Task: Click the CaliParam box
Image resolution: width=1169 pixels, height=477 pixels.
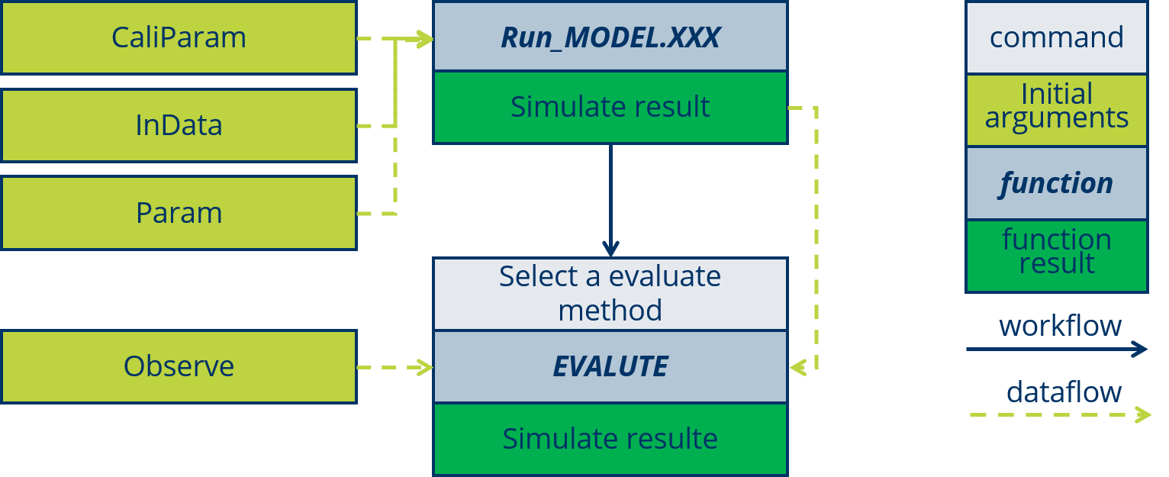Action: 179,37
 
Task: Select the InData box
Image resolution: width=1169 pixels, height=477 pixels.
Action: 179,125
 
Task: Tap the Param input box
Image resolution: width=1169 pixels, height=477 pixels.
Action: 179,213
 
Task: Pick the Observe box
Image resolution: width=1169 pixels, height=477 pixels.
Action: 179,366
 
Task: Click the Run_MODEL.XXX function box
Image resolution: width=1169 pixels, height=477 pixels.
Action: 610,37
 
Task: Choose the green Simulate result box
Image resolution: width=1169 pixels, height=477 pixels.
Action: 610,107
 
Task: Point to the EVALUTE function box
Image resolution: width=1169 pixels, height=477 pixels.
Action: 610,366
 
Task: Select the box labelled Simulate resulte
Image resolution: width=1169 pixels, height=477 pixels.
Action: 610,439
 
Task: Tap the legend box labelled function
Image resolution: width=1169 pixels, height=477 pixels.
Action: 1056,183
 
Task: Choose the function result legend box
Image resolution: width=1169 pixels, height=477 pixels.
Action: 1056,255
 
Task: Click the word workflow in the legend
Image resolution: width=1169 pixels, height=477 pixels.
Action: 1060,326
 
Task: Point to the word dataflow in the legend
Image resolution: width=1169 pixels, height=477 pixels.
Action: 1064,392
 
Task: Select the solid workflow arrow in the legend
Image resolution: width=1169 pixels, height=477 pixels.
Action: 1056,350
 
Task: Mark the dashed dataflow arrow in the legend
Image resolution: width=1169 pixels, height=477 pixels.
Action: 1059,415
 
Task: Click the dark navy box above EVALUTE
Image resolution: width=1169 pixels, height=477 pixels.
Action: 610,294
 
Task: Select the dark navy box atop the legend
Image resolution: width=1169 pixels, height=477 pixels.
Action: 1056,38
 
